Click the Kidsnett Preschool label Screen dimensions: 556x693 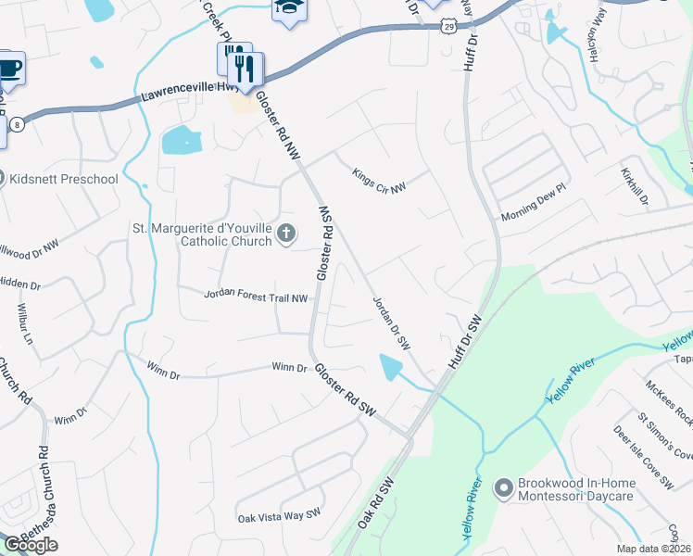click(x=65, y=178)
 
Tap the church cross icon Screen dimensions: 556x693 click(x=286, y=234)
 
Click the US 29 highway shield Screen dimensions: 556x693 click(x=449, y=26)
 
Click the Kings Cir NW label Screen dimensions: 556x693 click(x=379, y=180)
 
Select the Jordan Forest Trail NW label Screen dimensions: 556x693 click(x=256, y=297)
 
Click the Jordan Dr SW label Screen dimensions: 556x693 click(x=390, y=322)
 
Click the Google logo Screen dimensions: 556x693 click(x=31, y=545)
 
